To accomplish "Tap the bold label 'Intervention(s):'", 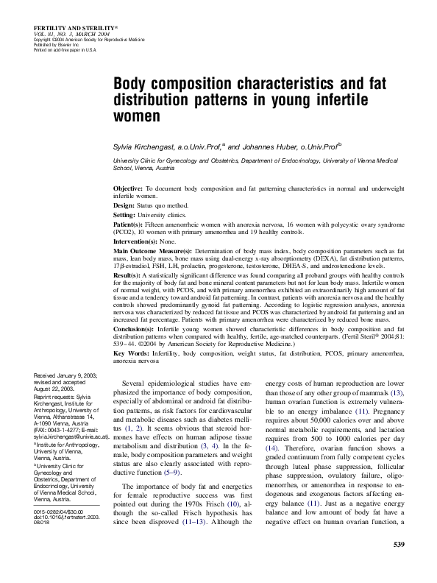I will pos(136,239).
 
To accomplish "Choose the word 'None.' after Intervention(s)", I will pos(168,239).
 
